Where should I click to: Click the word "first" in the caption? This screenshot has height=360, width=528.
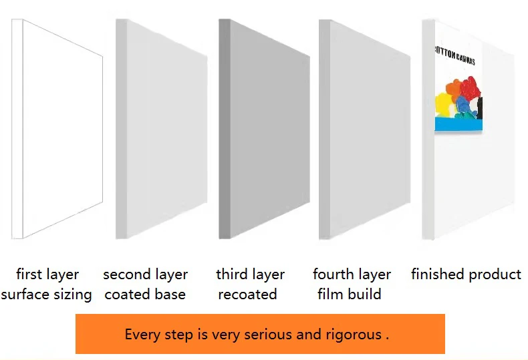[x=29, y=275]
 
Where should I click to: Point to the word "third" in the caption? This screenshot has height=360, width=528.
[x=231, y=275]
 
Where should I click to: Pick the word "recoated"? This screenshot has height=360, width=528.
[x=247, y=295]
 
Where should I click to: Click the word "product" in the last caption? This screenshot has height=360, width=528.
[x=496, y=275]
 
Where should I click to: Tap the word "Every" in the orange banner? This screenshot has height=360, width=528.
[x=143, y=335]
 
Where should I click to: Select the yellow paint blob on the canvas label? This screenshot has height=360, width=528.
[x=443, y=103]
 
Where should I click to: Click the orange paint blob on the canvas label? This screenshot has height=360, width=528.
[x=454, y=88]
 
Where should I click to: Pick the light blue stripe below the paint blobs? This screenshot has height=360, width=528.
[x=458, y=125]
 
